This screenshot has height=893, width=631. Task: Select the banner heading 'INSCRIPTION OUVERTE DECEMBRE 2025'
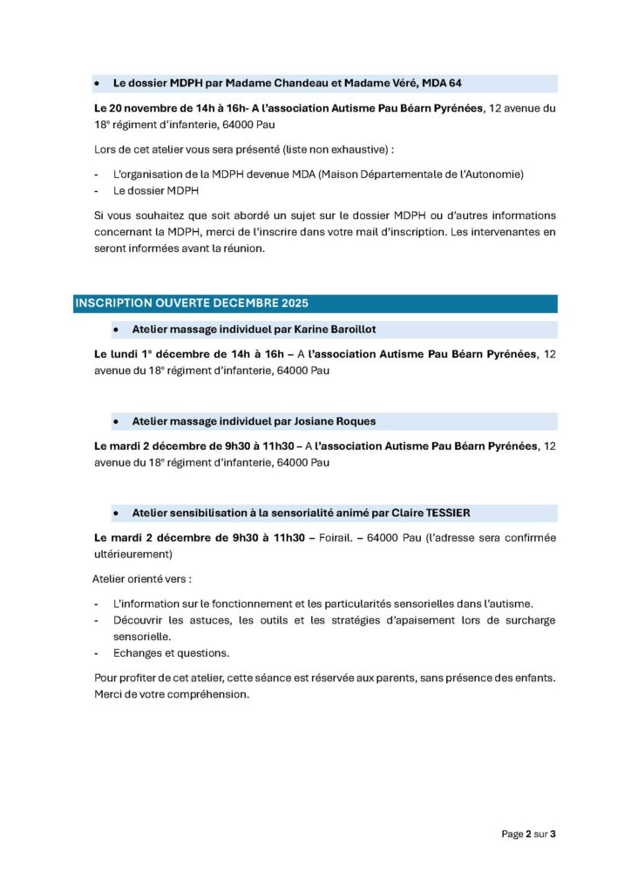192,303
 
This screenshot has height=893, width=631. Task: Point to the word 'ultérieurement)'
133,554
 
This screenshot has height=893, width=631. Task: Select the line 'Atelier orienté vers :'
142,579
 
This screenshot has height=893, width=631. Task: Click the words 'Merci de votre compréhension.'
171,694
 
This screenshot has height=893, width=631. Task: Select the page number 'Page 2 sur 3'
528,834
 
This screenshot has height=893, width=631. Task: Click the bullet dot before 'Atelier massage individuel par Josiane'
115,421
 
